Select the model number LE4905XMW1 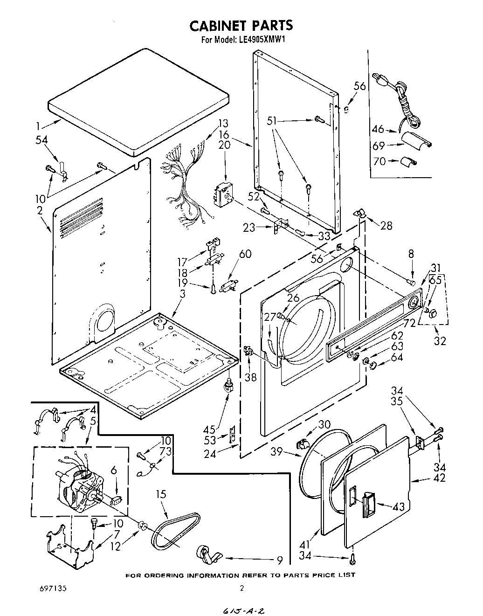258,40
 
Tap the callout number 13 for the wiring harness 223,123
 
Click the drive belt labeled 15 175,529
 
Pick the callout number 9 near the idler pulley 279,560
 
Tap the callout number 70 380,162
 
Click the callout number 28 386,226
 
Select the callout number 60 245,254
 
